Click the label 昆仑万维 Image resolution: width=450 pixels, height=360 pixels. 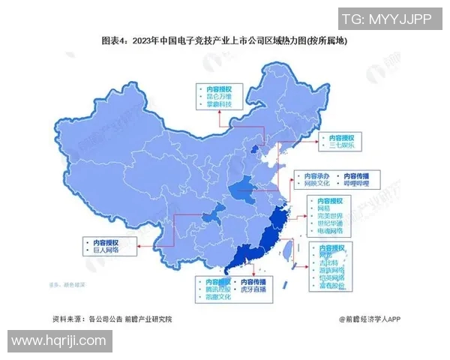(219, 96)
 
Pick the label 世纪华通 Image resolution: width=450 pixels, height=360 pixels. (330, 223)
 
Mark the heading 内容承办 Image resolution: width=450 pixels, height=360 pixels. (312, 174)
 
